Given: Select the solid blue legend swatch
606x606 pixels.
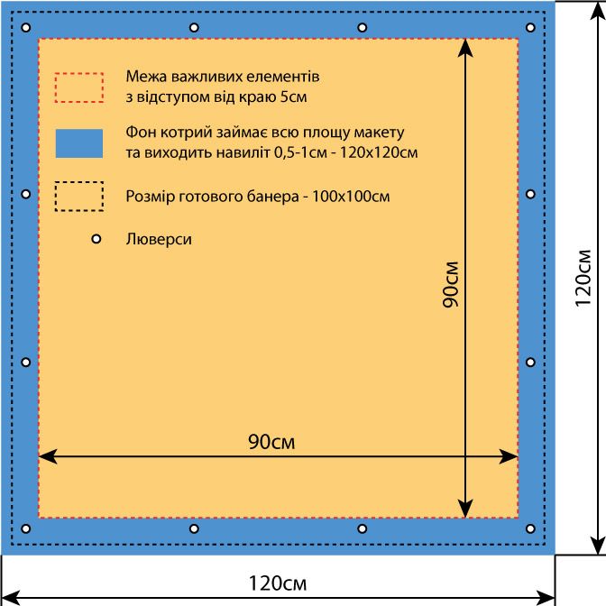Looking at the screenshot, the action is [79, 143].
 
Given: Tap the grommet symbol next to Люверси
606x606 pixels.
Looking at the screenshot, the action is [96, 239].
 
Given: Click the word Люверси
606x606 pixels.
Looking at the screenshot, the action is [159, 239].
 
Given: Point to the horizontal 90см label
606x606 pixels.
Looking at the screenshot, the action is [271, 441].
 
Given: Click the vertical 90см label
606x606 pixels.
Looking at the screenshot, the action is [451, 284].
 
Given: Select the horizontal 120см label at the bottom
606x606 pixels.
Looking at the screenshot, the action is [278, 583].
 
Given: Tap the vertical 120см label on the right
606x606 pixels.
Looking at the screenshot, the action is [583, 278].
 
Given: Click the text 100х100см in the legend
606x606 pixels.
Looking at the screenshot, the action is [351, 197].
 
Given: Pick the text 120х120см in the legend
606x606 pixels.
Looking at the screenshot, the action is [379, 152].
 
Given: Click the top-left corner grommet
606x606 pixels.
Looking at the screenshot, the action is [26, 28].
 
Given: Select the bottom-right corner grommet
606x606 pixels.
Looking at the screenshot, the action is [530, 528].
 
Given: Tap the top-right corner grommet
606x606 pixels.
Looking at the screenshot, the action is [530, 28].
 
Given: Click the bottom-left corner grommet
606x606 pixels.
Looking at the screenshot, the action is [26, 528].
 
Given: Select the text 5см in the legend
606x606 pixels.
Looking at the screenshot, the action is [293, 96].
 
